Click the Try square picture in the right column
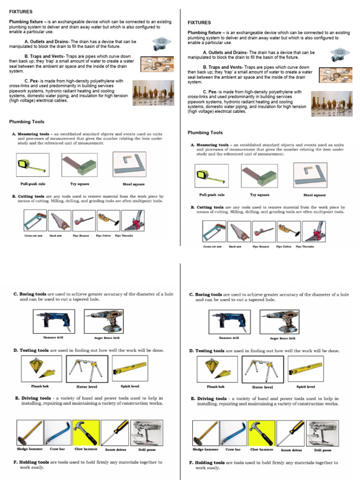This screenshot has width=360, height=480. tap(259, 176)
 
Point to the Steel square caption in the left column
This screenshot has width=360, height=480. tap(134, 184)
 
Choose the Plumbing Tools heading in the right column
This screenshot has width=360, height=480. tap(205, 133)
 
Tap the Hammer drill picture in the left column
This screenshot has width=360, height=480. tap(53, 321)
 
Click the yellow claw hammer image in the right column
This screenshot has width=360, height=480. tap(262, 433)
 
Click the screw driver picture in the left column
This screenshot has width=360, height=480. tap(114, 433)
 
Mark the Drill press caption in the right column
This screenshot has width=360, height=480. tap(322, 450)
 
